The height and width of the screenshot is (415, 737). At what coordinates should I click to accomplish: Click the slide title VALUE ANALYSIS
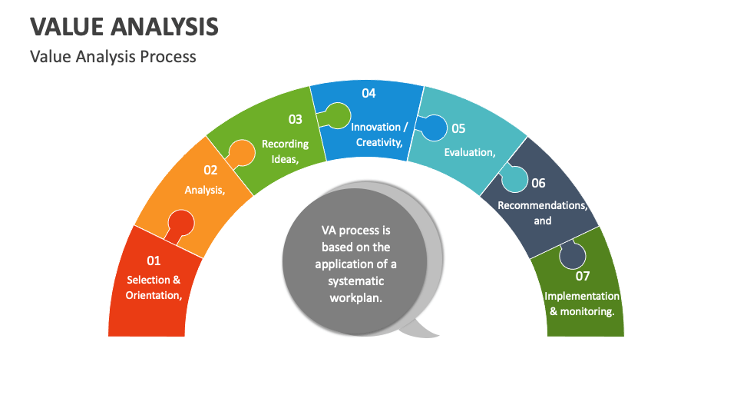click(x=124, y=26)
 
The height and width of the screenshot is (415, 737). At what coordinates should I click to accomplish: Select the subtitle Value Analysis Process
click(x=113, y=57)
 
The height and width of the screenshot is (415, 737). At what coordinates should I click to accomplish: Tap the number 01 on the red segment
click(x=154, y=261)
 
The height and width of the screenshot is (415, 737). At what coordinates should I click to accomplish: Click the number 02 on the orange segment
click(x=210, y=171)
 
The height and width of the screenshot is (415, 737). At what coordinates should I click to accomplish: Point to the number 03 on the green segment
click(x=295, y=119)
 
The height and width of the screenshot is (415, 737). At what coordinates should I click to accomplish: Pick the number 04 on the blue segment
click(x=368, y=93)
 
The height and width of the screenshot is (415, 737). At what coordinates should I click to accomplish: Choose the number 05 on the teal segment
click(x=458, y=128)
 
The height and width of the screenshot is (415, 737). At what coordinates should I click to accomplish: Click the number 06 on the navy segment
click(x=538, y=183)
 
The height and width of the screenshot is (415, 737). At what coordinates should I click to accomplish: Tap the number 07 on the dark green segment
click(x=583, y=276)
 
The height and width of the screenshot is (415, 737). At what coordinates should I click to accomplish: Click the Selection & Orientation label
click(x=154, y=287)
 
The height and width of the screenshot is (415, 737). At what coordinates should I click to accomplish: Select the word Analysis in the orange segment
click(x=204, y=190)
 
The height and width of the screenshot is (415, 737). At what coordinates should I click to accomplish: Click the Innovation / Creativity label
click(x=377, y=134)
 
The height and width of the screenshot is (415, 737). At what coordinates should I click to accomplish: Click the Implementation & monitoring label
click(x=582, y=304)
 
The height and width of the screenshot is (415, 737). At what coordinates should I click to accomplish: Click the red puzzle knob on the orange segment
click(x=180, y=224)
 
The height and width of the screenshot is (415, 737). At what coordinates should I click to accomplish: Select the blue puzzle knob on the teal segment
click(x=434, y=128)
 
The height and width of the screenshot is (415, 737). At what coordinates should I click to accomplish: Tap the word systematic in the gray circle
click(x=355, y=281)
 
